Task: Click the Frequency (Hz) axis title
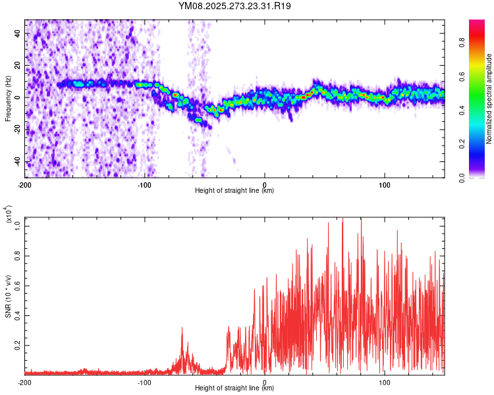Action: point(9,98)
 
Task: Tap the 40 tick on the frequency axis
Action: point(18,33)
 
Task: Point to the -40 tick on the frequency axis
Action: point(17,162)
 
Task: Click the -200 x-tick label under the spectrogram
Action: point(25,184)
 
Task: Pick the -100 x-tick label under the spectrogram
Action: point(145,184)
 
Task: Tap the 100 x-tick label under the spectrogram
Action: point(384,184)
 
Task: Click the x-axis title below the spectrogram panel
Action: point(235,191)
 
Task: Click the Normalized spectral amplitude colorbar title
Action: point(489,99)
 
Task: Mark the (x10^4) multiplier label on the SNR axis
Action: point(9,215)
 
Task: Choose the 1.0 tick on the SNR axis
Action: point(18,226)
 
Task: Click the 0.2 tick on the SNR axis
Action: point(18,344)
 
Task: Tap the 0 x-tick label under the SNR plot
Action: point(265,382)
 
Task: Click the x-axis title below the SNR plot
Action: point(235,388)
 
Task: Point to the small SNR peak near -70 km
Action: point(182,329)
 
